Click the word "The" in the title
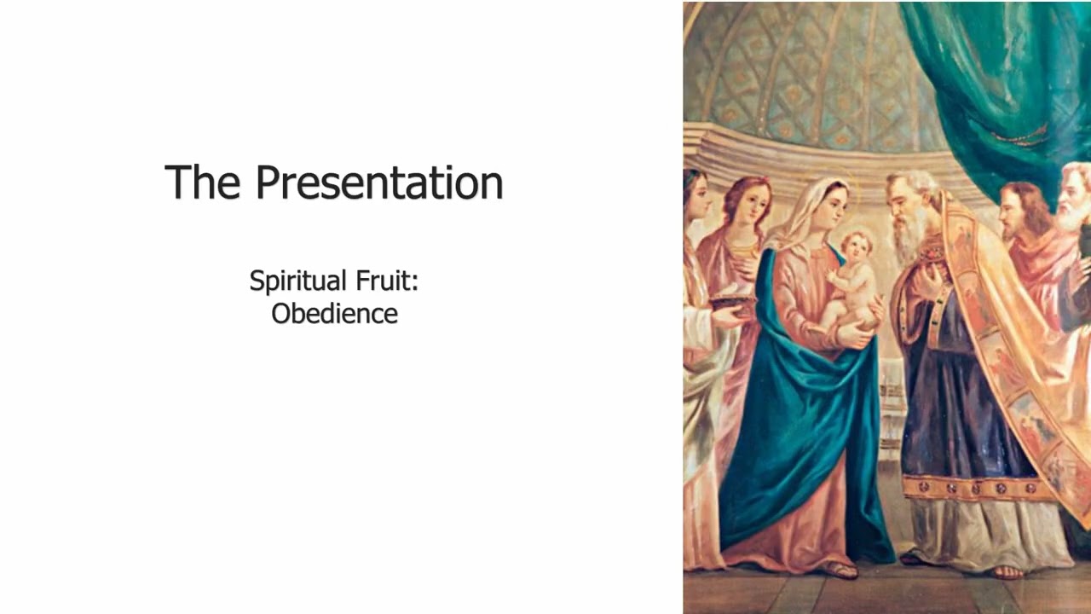(202, 182)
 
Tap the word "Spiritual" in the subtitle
(298, 282)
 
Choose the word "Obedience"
(335, 313)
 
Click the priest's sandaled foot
(1008, 571)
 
